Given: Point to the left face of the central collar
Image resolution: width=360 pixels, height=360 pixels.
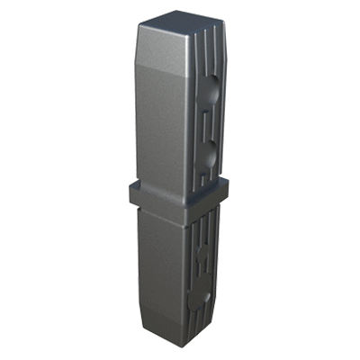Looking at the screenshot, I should point(157,194).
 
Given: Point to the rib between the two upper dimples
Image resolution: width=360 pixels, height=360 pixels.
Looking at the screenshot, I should point(208,126).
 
